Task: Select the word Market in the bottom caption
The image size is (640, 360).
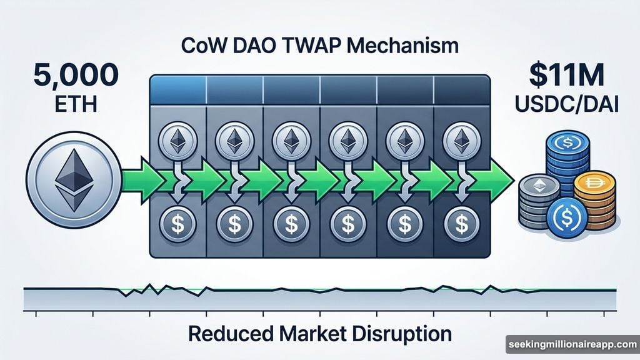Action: [311, 333]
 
